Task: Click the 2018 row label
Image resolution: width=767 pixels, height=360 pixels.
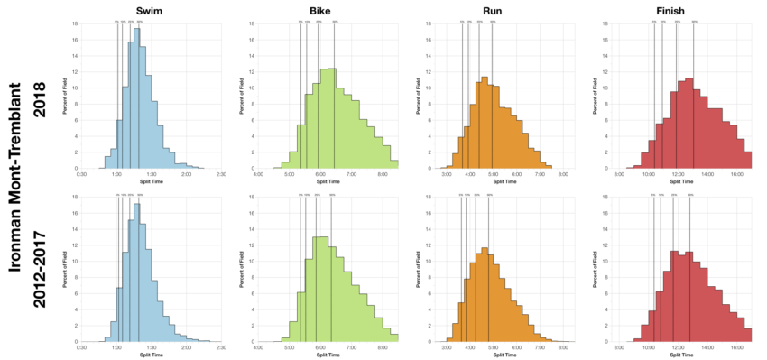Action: click(39, 95)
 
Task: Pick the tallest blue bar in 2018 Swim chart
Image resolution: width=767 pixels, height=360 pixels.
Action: click(136, 99)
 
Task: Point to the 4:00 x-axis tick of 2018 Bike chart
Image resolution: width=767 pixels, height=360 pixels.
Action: click(259, 173)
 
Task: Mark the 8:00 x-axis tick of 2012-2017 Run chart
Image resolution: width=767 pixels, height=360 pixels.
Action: click(563, 346)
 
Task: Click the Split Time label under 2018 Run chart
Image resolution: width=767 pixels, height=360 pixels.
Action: click(504, 180)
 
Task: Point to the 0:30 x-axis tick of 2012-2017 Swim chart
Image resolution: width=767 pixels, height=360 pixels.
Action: click(82, 346)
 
